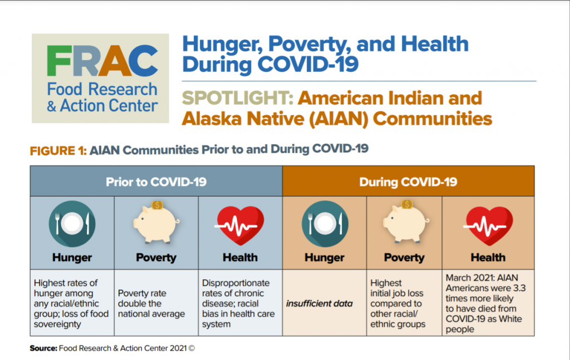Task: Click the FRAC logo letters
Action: [100, 58]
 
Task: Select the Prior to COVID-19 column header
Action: [156, 182]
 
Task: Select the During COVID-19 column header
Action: [408, 182]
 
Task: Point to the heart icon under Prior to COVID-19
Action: [240, 225]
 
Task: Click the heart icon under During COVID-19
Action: [488, 225]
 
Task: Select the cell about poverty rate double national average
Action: [156, 303]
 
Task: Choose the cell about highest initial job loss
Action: [404, 303]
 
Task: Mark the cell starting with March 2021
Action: [488, 303]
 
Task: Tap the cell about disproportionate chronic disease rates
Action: [240, 303]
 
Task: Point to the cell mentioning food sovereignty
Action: [72, 303]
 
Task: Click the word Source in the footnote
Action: [42, 348]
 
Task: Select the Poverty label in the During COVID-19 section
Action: [404, 258]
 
